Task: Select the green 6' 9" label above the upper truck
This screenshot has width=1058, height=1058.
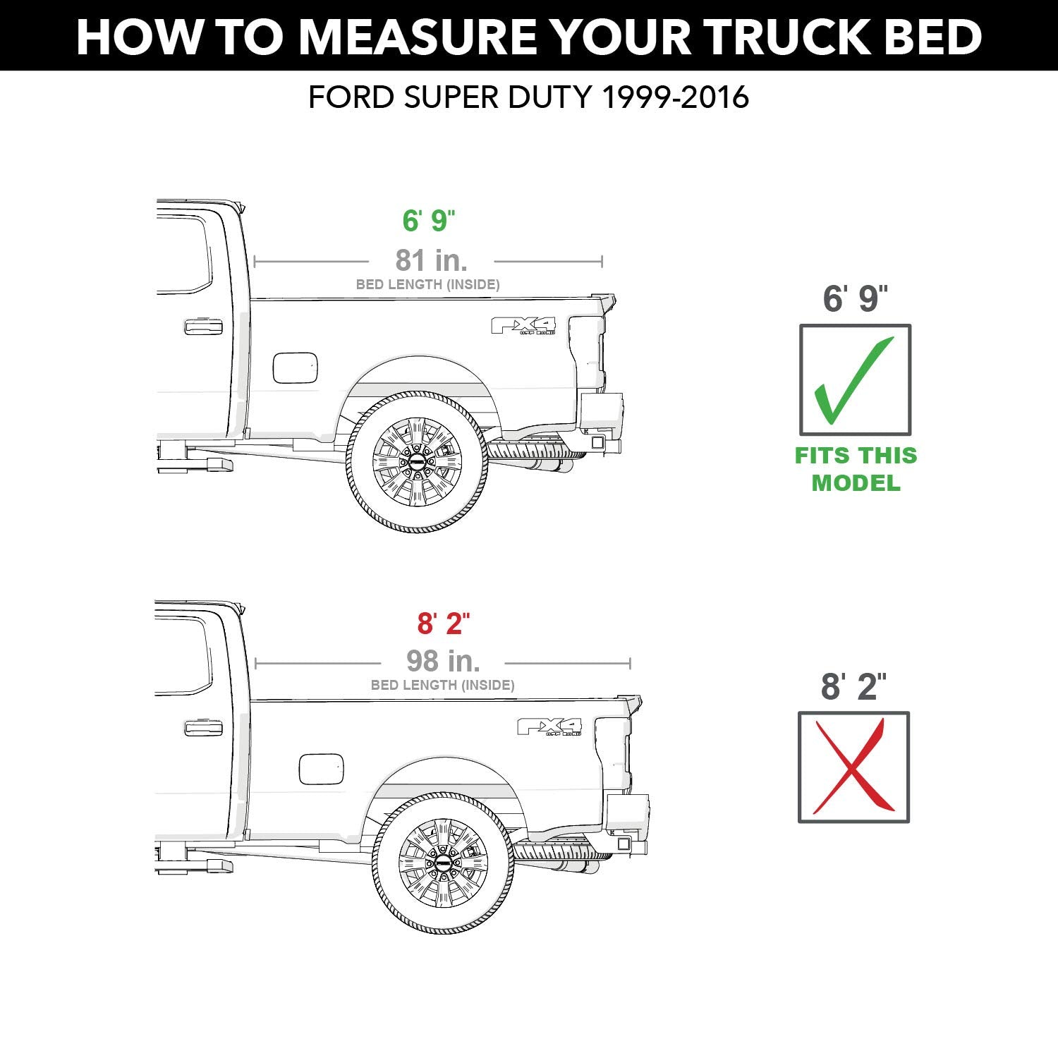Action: coord(429,221)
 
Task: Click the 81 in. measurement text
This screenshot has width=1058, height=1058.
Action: coord(431,260)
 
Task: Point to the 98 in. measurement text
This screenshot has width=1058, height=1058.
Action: coord(443,661)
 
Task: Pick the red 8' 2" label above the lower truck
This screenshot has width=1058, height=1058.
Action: coord(443,624)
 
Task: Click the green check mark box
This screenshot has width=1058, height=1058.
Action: coord(855,380)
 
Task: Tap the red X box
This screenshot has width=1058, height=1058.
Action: coord(853,767)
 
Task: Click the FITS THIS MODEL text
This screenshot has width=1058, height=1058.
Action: coord(856,469)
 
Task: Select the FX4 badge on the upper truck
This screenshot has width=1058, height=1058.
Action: coord(523,326)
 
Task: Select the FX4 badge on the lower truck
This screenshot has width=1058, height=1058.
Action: coord(550,726)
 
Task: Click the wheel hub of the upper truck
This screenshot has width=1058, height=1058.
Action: coord(417,462)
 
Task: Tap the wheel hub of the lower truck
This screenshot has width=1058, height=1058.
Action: coord(443,863)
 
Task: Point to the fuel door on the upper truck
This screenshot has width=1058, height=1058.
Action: coord(295,368)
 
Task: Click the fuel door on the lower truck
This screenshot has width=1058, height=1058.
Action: coord(321,769)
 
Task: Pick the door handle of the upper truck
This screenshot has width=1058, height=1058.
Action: coord(203,327)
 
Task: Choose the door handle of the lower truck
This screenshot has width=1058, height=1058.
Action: coord(203,728)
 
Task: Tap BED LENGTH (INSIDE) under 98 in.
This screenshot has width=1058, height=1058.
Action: coord(442,685)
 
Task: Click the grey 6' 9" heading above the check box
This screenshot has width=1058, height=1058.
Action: coord(855,299)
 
